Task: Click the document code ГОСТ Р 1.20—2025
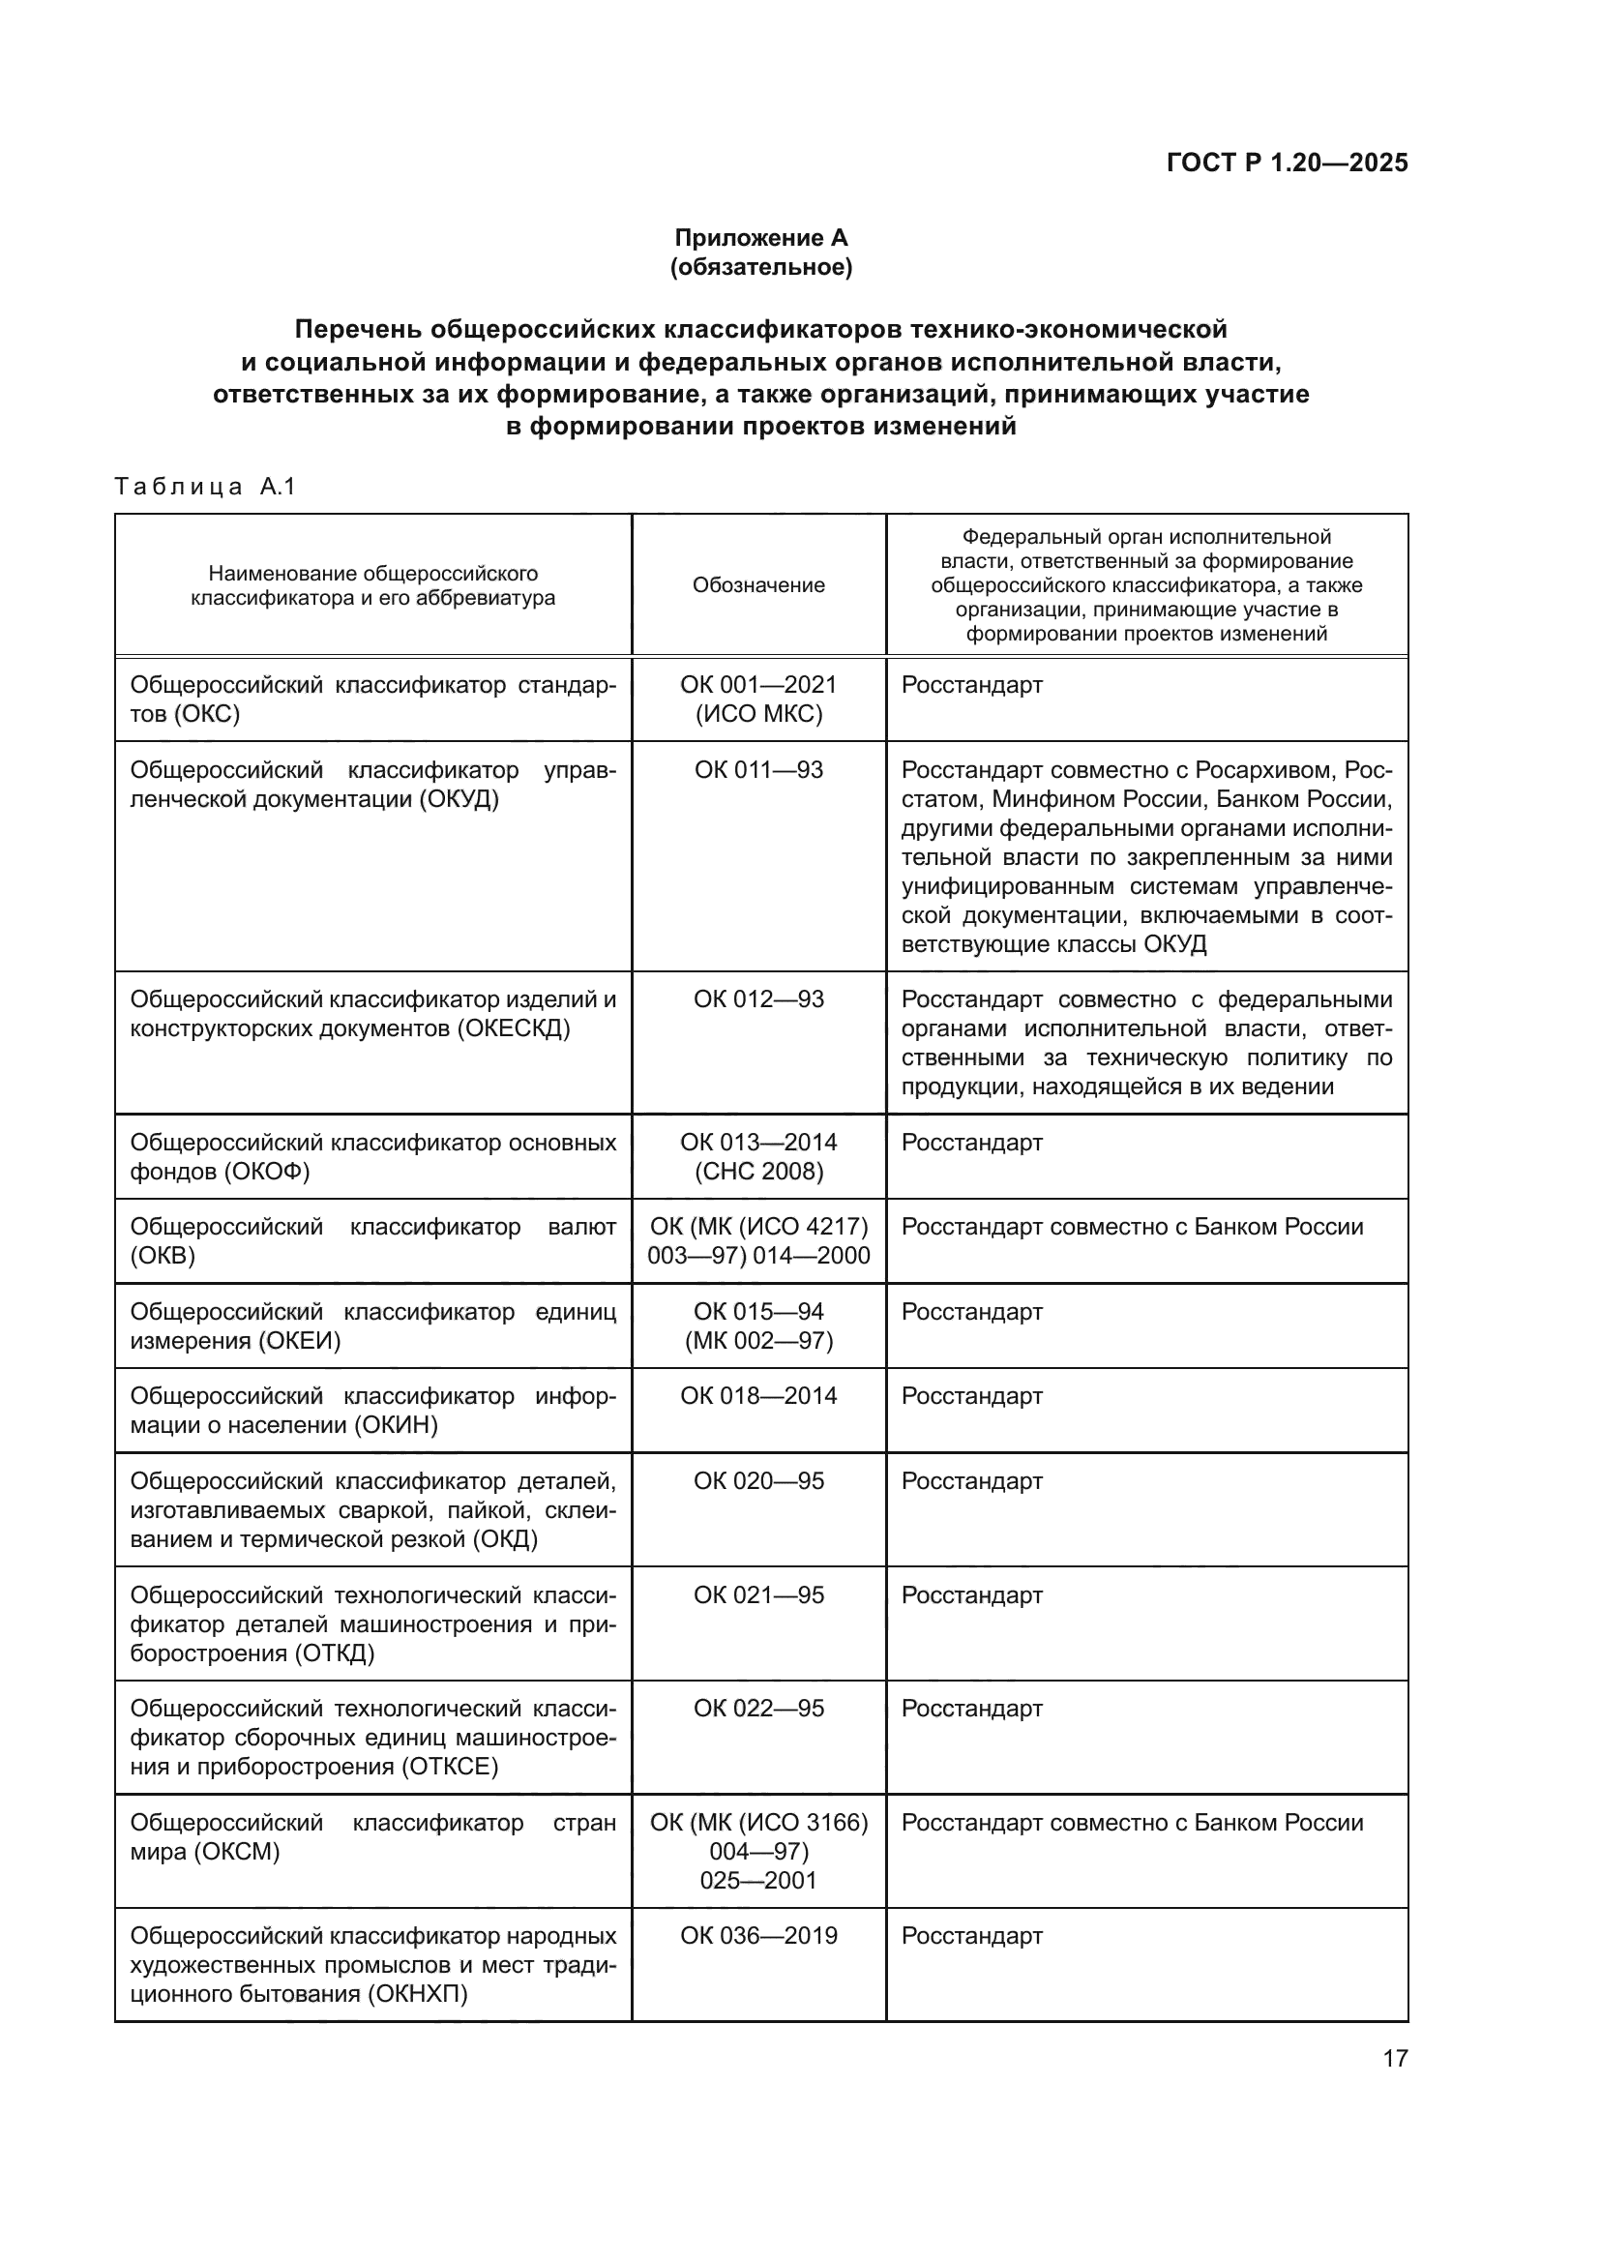click(1287, 163)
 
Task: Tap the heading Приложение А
click(760, 238)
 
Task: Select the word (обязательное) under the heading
click(760, 267)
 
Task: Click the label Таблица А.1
click(205, 486)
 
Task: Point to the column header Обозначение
click(757, 585)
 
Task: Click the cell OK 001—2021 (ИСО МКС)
click(757, 699)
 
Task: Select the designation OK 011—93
click(757, 770)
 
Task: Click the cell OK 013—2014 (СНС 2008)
click(757, 1156)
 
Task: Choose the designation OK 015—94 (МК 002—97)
click(757, 1325)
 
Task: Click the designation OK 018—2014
click(757, 1396)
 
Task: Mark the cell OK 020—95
click(757, 1481)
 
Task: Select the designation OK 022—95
click(757, 1708)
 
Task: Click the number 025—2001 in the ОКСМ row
click(757, 1880)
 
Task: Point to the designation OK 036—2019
click(757, 1936)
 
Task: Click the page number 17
click(1395, 2059)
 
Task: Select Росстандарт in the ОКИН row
click(971, 1396)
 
